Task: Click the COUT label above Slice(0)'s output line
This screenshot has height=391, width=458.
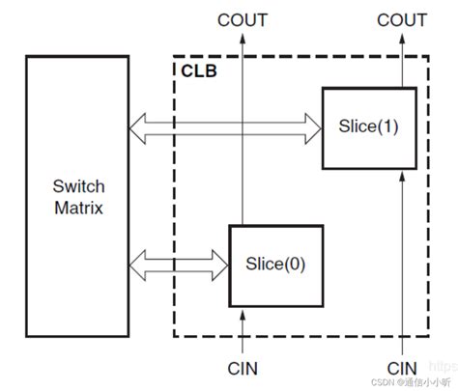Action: [x=243, y=19]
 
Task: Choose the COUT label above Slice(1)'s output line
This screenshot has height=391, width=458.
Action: [x=400, y=19]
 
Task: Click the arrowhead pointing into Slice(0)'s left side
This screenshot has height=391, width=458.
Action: [x=217, y=261]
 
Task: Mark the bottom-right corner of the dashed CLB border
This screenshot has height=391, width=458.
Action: [x=430, y=336]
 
